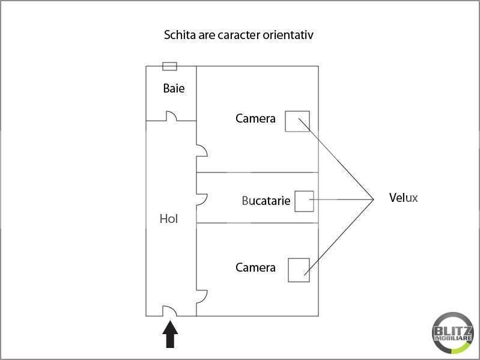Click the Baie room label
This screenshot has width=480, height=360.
coord(174,88)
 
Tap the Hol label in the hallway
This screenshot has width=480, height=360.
coord(169,219)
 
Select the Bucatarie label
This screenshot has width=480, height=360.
coord(266,201)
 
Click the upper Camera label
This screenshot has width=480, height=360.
coord(255,118)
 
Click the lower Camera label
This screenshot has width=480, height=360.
coord(255,267)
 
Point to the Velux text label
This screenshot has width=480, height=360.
coord(404,198)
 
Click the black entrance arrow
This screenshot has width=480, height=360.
coord(170,334)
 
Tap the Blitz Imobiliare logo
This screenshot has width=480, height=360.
coord(453,333)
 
